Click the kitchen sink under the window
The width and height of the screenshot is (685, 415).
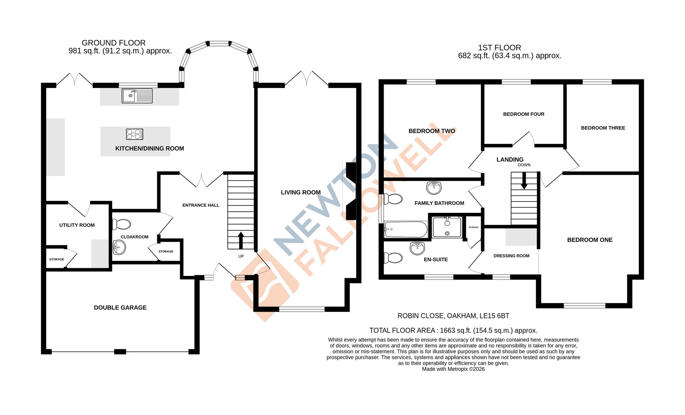(x=137, y=96)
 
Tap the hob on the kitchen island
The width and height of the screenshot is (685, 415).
(x=135, y=134)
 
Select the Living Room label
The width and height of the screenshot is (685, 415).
(x=300, y=193)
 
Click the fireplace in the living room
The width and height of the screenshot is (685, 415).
(x=351, y=191)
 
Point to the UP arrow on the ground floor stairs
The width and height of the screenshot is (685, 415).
(x=241, y=240)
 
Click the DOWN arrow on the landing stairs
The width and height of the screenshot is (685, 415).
(x=524, y=181)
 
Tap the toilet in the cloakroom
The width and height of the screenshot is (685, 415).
(x=122, y=224)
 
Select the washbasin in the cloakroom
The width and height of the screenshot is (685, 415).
(x=119, y=247)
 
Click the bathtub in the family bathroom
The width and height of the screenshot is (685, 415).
(x=406, y=229)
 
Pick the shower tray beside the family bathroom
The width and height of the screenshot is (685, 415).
(x=447, y=227)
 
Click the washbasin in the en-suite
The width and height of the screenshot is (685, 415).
(x=417, y=248)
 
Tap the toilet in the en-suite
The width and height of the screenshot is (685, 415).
(x=393, y=258)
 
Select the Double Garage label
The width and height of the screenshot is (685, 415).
(x=120, y=308)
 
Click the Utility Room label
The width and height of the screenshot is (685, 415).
(x=77, y=225)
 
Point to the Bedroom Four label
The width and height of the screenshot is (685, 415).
(x=523, y=114)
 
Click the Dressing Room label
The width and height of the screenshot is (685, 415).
(x=511, y=256)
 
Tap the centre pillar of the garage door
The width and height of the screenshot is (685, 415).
(x=120, y=351)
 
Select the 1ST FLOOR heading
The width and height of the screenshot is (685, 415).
(x=499, y=48)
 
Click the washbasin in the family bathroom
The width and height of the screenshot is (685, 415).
(x=434, y=187)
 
